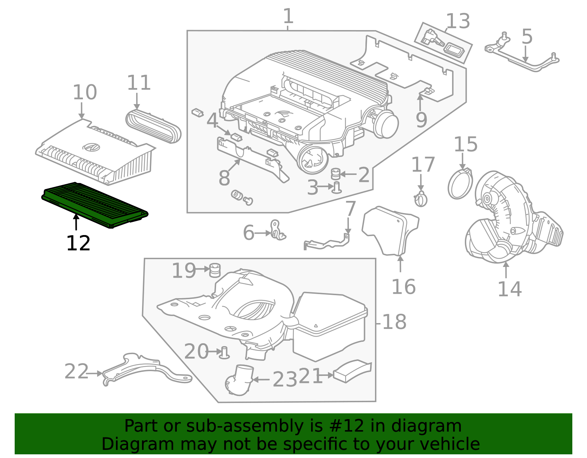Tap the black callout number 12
pos(78,243)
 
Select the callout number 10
pos(85,92)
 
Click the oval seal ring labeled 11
pos(153,127)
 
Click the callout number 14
pos(510,289)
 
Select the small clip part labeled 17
pos(421,199)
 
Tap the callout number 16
pos(404,287)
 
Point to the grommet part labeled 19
pos(215,270)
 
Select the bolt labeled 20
pos(224,352)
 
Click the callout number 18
pos(394,322)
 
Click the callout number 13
pos(458,22)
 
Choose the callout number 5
pos(527,37)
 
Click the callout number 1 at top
pos(288,17)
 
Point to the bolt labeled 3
pos(337,187)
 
